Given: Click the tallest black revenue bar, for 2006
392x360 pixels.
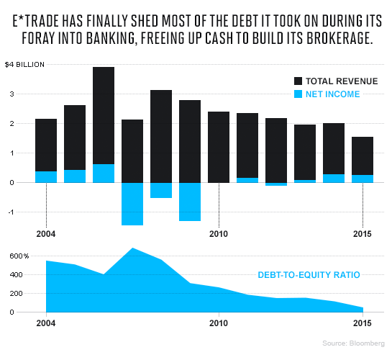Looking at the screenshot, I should point(104,115).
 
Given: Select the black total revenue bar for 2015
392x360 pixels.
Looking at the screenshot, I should point(363,156).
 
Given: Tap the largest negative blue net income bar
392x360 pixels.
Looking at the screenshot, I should point(132,204).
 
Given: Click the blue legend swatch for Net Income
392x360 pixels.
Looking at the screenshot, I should point(298,94).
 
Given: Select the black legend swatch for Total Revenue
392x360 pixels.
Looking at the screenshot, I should point(298,81).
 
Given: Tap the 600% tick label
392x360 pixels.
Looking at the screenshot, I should point(17,256).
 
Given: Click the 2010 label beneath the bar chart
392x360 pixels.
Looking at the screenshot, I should point(219,234).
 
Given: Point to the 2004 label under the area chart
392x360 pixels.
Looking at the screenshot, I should point(46,323).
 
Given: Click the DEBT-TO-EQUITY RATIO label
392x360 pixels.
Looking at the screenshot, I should point(309,274).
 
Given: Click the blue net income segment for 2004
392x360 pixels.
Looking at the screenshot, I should point(46,177).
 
